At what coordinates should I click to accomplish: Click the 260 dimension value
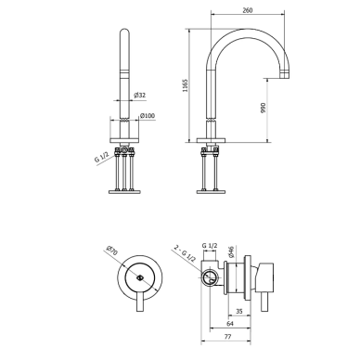[248, 10]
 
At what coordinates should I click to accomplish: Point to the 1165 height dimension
[185, 85]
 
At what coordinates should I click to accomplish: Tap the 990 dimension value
[264, 108]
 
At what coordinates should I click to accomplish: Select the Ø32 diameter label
[140, 96]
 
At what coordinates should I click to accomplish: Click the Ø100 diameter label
[148, 116]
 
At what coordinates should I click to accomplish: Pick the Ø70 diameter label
[111, 251]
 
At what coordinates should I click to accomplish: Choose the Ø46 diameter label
[232, 251]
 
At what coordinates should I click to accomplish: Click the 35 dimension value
[239, 312]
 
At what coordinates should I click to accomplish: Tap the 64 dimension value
[230, 324]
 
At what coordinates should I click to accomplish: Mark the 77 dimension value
[227, 337]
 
